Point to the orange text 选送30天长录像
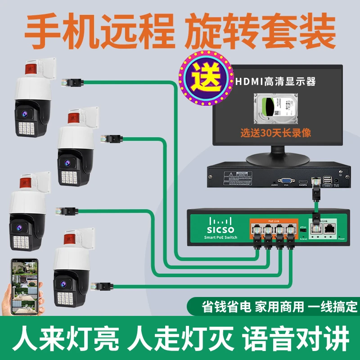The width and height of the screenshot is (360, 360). pos(275,133)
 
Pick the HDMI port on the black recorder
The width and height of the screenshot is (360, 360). pos(303,182)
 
